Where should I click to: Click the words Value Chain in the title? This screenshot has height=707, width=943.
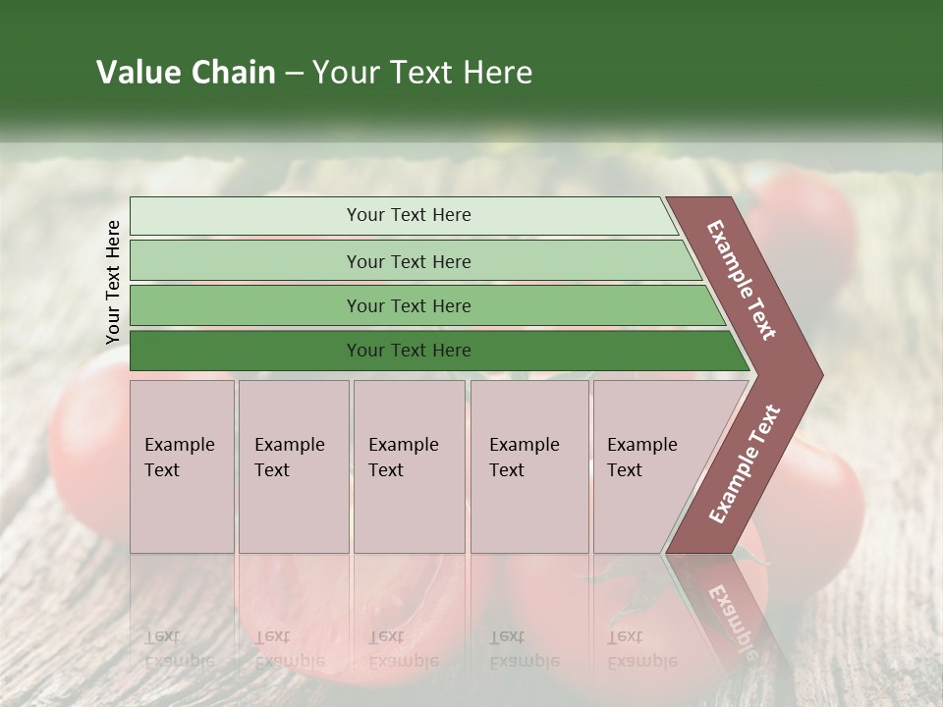tap(186, 73)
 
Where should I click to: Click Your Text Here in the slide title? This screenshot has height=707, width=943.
tap(422, 73)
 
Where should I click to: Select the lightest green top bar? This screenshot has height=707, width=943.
tap(246, 215)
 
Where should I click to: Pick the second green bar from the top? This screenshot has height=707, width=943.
tap(246, 261)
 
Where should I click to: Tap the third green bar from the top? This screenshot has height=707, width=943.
tap(246, 305)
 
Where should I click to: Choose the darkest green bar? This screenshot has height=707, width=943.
tap(246, 351)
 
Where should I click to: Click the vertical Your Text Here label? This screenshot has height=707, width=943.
tap(113, 282)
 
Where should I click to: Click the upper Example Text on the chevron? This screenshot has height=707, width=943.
tap(742, 280)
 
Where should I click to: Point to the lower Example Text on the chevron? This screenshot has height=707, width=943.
tap(745, 464)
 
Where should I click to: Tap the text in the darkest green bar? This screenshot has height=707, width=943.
tap(409, 351)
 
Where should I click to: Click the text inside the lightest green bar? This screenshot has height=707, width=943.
tap(409, 215)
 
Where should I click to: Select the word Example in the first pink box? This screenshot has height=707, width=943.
tap(179, 445)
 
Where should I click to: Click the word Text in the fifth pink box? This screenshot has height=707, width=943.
tap(625, 470)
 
